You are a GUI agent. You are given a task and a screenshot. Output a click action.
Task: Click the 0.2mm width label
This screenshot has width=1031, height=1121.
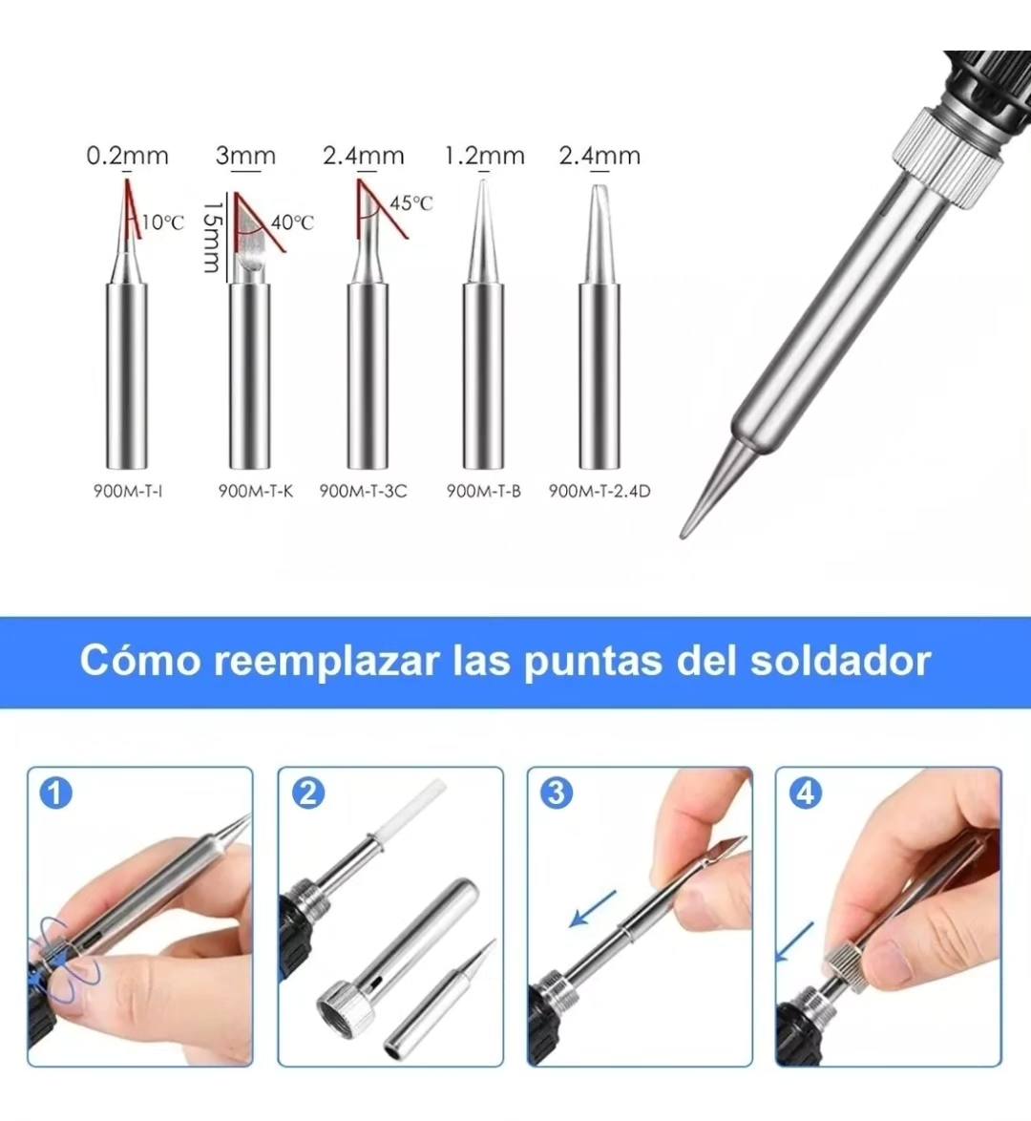(x=127, y=156)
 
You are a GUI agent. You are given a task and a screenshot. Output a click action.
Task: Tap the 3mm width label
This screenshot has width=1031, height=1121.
(x=245, y=156)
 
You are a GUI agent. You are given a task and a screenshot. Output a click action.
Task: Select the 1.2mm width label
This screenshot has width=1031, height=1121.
(x=484, y=156)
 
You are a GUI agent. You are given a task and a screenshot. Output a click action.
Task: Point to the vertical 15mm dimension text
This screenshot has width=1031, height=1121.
(x=210, y=235)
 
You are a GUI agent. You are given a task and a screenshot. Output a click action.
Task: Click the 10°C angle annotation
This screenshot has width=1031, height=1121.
(x=162, y=222)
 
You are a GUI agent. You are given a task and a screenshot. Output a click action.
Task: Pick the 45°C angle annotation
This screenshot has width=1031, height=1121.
(x=411, y=203)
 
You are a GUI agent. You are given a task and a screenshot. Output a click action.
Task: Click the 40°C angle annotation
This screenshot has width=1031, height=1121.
(x=292, y=222)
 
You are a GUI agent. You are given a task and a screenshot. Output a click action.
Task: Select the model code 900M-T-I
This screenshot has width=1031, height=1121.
(x=128, y=491)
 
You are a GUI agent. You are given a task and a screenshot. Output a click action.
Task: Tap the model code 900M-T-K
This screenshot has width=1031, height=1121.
(x=255, y=491)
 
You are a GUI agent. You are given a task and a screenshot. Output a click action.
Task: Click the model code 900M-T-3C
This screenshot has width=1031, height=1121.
(x=363, y=491)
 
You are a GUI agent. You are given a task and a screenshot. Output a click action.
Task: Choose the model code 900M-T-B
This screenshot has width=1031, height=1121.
(x=483, y=491)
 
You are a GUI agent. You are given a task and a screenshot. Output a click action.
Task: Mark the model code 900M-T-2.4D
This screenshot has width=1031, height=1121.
(x=600, y=491)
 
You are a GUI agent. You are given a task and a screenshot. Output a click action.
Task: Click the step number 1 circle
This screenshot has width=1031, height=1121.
(x=55, y=793)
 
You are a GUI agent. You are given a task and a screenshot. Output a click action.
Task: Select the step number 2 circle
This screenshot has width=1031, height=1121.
(x=307, y=793)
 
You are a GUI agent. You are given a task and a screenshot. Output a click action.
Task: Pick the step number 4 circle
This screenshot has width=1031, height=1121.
(x=805, y=793)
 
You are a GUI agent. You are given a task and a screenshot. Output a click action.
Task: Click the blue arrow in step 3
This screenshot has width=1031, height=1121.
(x=593, y=909)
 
